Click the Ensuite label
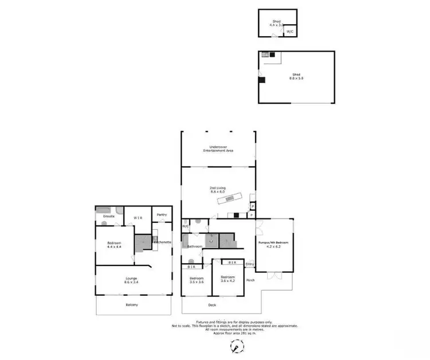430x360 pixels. (x=109, y=216)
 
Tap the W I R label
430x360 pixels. (x=138, y=218)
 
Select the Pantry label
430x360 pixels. (x=161, y=214)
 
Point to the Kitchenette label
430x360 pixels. (x=162, y=242)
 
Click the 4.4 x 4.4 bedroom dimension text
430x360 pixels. (x=115, y=247)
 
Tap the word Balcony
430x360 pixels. (x=132, y=304)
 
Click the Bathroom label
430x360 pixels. (x=194, y=246)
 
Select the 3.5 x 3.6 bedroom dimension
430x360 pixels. (x=197, y=282)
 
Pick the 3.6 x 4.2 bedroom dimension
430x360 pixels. (x=228, y=281)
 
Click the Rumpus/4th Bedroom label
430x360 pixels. (x=274, y=243)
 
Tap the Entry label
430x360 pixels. (x=249, y=264)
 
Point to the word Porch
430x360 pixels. (x=251, y=280)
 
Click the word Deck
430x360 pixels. (x=212, y=304)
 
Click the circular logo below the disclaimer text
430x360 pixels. (x=235, y=346)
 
